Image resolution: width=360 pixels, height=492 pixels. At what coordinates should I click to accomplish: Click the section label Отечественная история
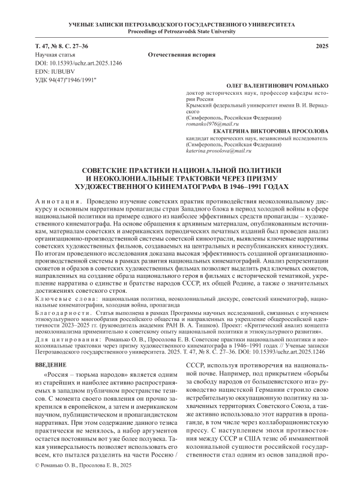(179, 54)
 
